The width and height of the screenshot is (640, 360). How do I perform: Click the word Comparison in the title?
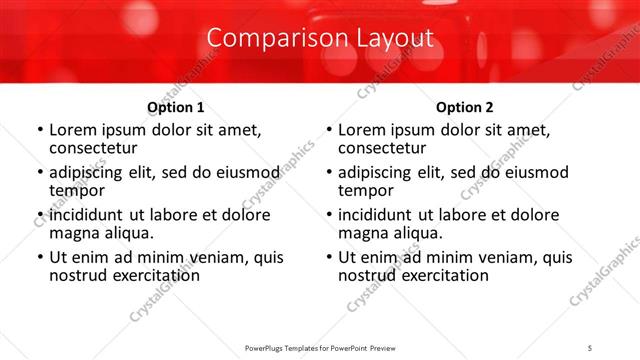coord(264,38)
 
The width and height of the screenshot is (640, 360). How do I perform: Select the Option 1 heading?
coord(176,106)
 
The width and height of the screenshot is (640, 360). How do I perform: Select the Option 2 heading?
coord(465,106)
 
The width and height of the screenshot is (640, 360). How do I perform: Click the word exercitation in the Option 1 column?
coord(146,275)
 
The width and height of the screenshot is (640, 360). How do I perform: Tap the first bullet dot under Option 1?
coord(40,130)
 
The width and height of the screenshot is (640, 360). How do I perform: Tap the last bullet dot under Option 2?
coord(329,257)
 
